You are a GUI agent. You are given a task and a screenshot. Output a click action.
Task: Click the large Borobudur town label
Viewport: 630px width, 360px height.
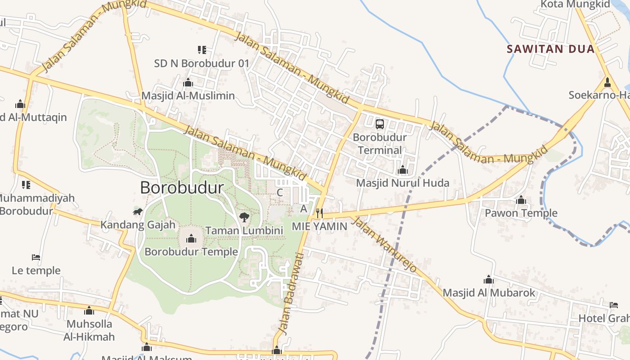182,188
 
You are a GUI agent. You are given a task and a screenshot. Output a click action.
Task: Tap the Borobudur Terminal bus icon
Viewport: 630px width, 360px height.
380,124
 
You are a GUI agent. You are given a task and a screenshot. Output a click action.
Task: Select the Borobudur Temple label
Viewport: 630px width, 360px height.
191,252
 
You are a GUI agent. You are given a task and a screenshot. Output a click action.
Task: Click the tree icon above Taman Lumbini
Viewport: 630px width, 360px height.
244,218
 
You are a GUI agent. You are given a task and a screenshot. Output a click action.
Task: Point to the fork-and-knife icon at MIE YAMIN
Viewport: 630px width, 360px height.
319,213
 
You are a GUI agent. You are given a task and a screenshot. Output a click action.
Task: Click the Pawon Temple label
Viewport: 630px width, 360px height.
521,213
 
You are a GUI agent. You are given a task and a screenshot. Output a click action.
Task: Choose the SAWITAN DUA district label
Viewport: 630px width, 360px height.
551,49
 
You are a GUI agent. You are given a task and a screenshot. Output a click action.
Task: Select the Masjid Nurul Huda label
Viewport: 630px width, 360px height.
402,183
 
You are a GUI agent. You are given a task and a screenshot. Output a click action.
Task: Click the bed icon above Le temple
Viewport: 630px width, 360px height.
36,257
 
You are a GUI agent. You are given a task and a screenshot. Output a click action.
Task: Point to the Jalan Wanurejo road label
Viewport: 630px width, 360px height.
383,245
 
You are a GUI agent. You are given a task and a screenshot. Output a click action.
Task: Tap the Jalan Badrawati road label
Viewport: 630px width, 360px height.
291,293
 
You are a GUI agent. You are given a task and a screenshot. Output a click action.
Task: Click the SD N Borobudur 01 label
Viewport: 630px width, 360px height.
201,63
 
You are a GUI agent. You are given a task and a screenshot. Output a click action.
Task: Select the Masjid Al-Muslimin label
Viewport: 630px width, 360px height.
188,96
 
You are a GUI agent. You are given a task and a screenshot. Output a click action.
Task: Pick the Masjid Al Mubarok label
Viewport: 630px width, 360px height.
489,293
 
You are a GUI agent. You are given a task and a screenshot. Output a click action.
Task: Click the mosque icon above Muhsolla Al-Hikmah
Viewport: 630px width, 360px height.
89,310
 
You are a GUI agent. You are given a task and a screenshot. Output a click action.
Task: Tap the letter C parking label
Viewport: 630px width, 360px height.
279,193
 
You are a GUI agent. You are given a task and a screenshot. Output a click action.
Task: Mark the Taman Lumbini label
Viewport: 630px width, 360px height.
244,231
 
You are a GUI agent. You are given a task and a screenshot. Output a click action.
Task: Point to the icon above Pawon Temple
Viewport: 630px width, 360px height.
521,200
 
